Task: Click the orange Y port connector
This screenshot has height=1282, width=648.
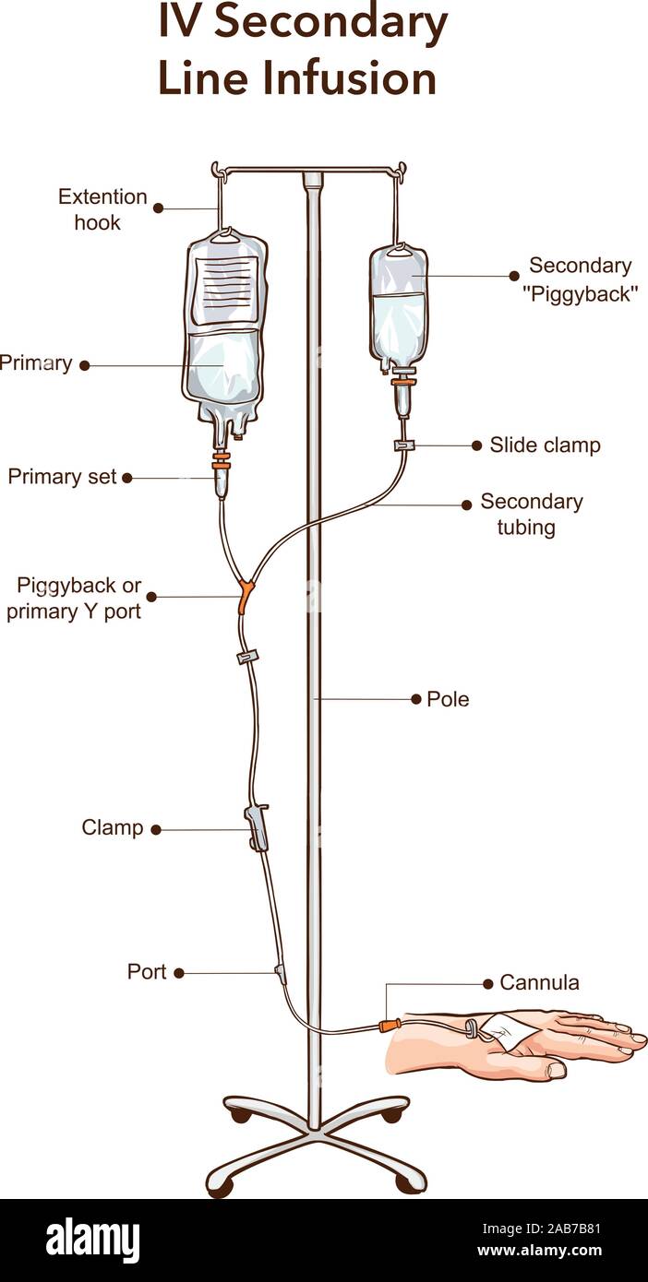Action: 245,595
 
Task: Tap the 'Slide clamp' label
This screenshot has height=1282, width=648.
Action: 545,445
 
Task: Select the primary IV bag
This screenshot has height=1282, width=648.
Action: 224,332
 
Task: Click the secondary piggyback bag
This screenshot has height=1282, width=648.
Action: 399,309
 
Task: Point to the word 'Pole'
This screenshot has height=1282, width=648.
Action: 448,699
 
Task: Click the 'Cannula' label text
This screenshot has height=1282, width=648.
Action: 539,983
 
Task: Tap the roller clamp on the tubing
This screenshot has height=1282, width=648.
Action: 257,825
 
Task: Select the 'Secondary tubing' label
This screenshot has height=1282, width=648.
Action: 531,515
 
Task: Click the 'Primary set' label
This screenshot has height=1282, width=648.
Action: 62,477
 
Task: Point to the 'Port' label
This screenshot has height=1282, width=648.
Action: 147,972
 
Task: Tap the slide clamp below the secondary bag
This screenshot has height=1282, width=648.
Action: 403,446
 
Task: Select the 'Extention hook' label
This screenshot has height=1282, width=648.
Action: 102,209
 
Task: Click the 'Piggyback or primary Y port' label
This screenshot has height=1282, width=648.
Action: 74,598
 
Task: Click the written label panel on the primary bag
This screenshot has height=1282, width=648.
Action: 225,285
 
